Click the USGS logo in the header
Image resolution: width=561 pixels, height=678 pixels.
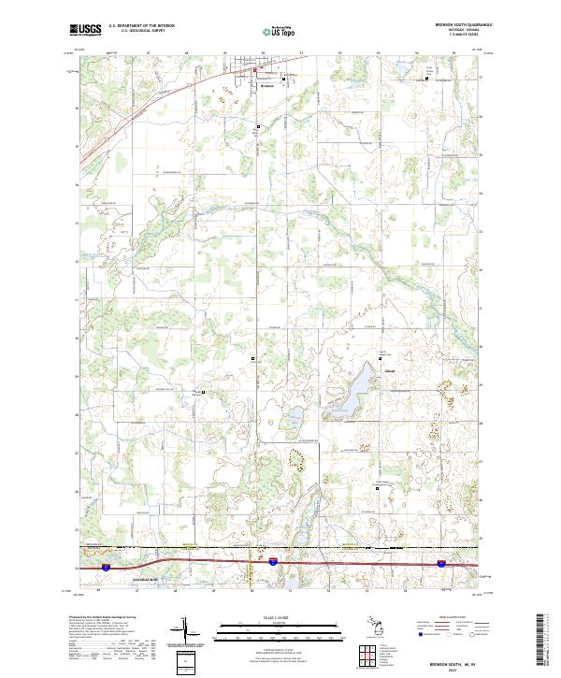coord(85,30)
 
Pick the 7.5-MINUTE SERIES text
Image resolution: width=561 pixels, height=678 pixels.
coord(464,35)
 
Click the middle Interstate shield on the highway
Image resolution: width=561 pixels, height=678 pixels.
coord(272,563)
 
